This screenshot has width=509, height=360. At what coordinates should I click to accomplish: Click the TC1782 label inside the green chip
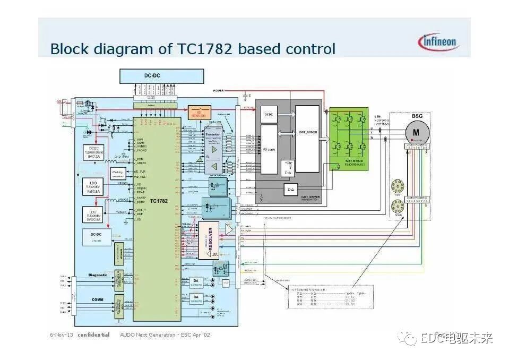coord(159,201)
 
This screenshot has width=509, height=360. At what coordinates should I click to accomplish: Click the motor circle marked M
coord(416,131)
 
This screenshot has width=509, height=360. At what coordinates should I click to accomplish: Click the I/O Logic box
coord(270,149)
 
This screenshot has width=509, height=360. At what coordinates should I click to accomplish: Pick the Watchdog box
coord(118,173)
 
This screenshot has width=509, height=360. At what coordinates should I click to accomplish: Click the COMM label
coord(97,299)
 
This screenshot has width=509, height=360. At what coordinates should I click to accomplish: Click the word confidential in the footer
coord(93,335)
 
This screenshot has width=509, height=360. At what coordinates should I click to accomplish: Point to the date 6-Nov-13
coord(62,335)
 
